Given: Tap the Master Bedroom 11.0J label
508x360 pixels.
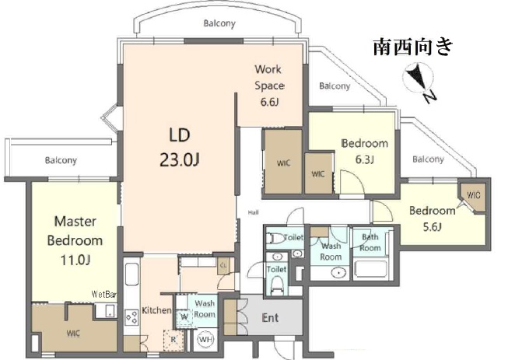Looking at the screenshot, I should (75, 240).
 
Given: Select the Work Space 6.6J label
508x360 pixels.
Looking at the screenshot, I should (269, 86).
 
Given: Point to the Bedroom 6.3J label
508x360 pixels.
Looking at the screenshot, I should (364, 152).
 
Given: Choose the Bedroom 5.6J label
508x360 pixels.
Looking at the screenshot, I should (432, 218).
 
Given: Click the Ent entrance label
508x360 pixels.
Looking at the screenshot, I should (270, 317).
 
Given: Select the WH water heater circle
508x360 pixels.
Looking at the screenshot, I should (206, 340).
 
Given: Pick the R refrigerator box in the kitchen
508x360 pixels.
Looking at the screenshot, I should (173, 340).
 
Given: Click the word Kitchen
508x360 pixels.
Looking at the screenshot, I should (156, 310).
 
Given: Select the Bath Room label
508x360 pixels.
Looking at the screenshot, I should (370, 243).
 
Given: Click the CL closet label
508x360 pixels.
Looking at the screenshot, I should (222, 265).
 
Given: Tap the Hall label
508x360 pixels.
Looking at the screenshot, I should (253, 212).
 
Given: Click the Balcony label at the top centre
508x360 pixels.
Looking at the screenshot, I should (219, 23).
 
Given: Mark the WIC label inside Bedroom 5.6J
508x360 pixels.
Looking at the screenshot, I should (473, 194).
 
